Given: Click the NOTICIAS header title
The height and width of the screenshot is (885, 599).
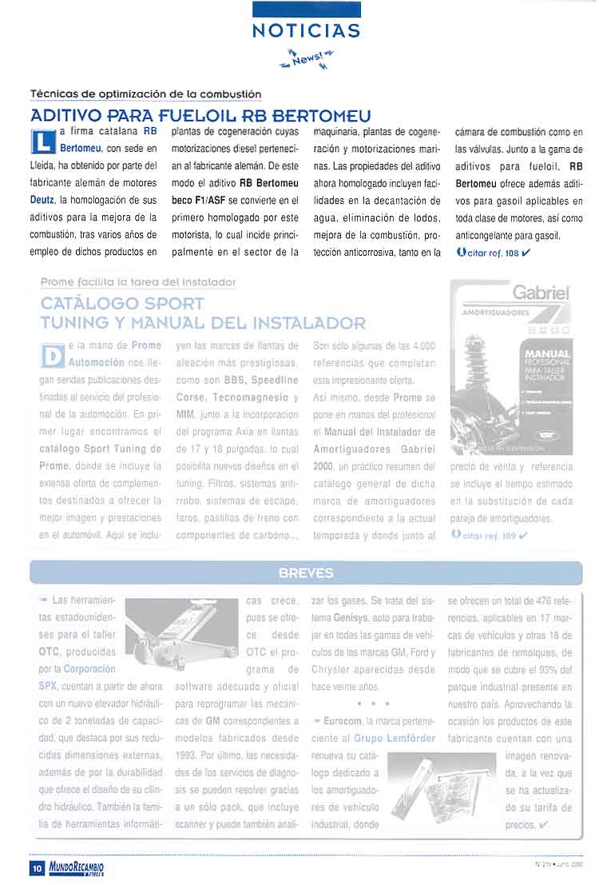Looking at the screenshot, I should (306, 30).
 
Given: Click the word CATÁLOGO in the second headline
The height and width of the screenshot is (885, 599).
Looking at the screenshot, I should (87, 305).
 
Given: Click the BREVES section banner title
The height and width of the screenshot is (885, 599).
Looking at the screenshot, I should (306, 573).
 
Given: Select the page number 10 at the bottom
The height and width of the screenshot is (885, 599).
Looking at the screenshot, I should (37, 867).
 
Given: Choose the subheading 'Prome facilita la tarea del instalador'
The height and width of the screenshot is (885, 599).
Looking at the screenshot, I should (138, 282).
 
